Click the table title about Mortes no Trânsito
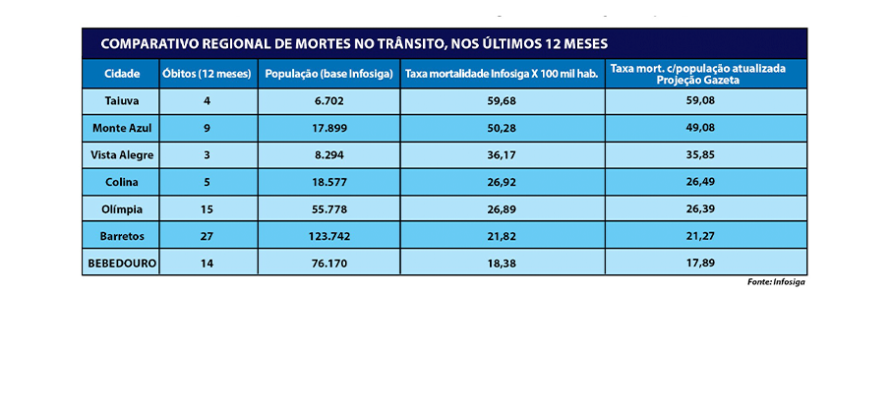pos(354,44)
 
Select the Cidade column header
pos(120,74)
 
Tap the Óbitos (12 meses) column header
pos(208,74)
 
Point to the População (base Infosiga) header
pos(329,74)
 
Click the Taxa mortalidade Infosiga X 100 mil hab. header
pos(502,74)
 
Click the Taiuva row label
pos(120,99)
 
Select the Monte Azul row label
pos(120,128)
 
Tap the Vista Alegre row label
pos(120,154)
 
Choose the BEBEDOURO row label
pos(120,263)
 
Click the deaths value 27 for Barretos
pos(208,236)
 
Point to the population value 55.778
pos(329,208)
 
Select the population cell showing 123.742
pos(329,236)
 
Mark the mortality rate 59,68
pos(502,99)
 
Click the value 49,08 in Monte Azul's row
pos(699,128)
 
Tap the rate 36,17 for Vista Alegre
pos(502,154)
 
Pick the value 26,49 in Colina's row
pos(699,181)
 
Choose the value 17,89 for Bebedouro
pos(699,263)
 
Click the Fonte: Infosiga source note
pos(777,282)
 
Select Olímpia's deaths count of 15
pos(208,208)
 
